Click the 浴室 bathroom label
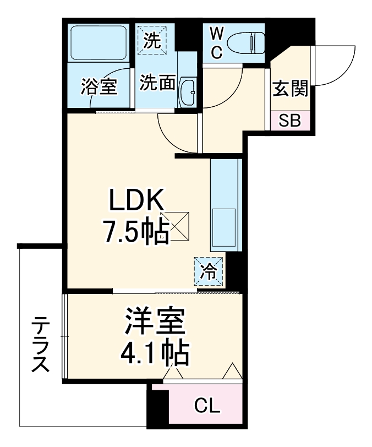pos(99,87)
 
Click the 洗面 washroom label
pos(157,83)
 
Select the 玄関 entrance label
pos(289,88)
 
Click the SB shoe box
pos(289,121)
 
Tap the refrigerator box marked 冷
pos(209,270)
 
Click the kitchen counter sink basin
pos(225,229)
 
